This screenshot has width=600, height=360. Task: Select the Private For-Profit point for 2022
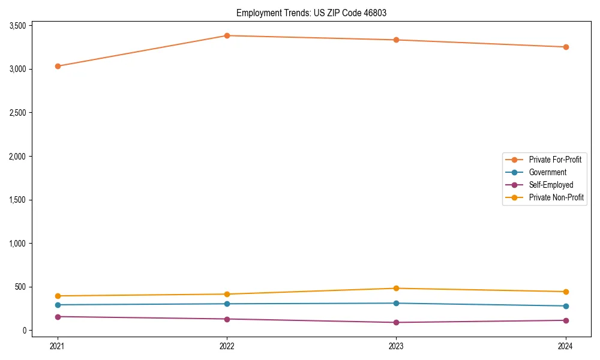[227, 35]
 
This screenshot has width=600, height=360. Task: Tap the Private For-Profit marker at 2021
[58, 66]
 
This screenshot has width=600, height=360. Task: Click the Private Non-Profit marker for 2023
[396, 289]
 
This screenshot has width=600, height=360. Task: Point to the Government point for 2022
[227, 304]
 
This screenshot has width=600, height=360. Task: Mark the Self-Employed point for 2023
[396, 322]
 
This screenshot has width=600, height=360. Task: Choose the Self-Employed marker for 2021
[58, 317]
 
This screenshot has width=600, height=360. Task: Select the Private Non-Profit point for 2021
[58, 296]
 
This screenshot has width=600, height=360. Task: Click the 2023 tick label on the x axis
[396, 346]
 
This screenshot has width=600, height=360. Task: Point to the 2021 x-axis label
[58, 346]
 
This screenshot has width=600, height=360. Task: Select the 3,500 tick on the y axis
[17, 26]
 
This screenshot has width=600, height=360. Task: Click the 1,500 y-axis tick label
[17, 200]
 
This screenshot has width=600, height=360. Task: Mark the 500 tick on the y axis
[20, 287]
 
